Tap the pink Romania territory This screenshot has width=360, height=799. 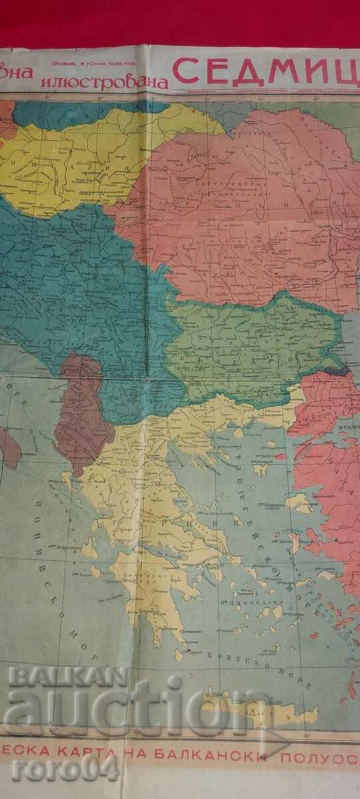click(x=240, y=200)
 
